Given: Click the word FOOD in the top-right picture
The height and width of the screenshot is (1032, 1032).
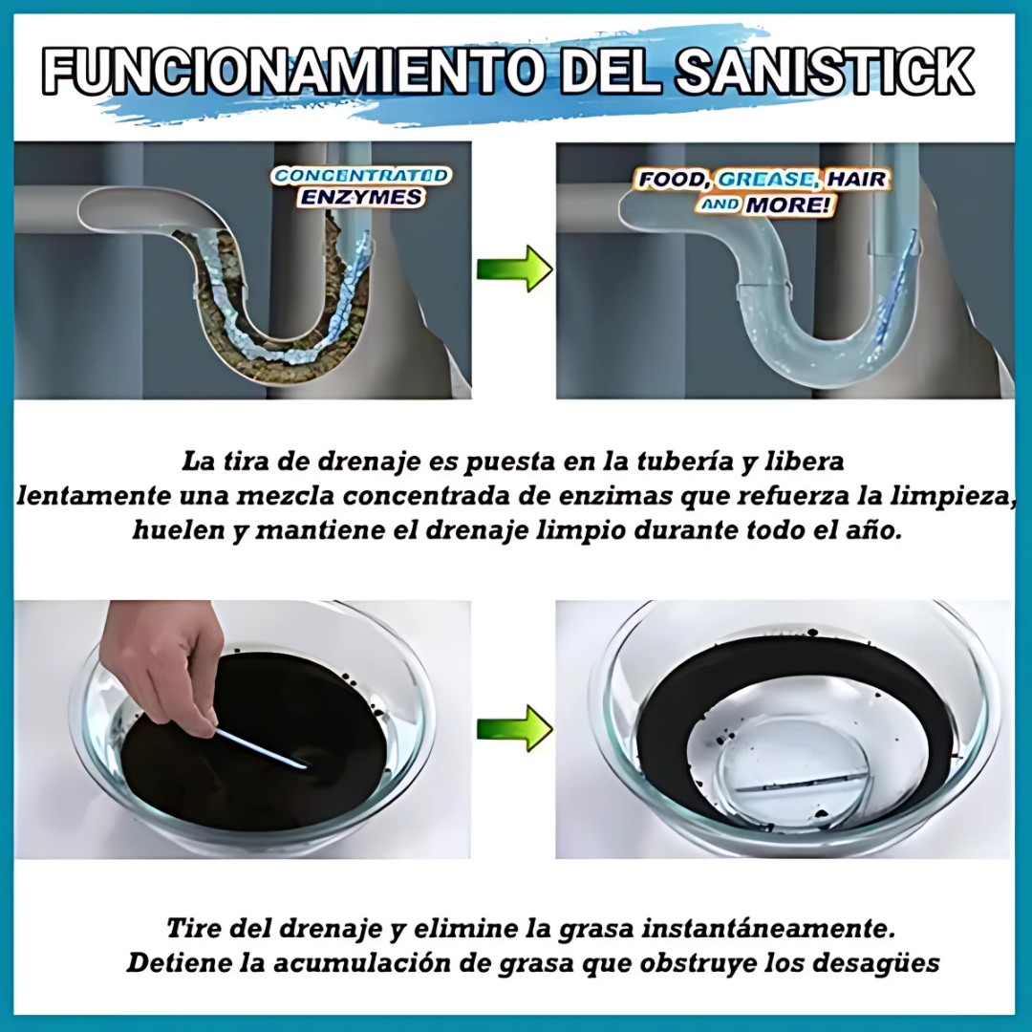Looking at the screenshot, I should pos(675,180).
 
